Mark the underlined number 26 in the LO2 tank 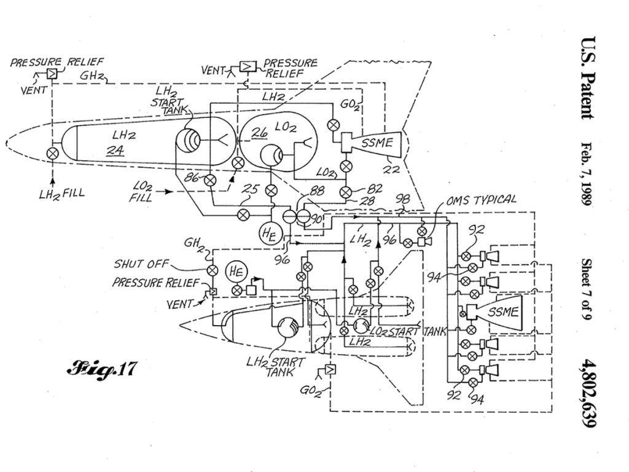259,133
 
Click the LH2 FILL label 62,194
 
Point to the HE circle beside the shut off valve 236,272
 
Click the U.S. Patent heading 587,77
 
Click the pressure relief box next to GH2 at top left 52,74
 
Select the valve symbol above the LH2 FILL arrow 52,153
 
